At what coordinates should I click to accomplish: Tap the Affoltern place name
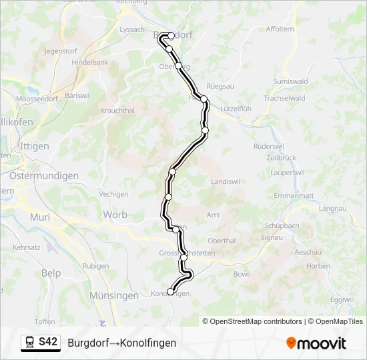(280, 29)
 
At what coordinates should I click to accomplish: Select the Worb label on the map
(115, 215)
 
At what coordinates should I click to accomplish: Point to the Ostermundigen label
(44, 176)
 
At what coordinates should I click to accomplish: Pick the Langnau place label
(352, 209)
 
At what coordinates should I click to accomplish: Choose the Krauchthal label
(117, 111)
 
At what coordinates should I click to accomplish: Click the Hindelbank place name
(89, 61)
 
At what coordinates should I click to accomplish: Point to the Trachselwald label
(284, 98)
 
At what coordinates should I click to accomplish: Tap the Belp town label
(51, 273)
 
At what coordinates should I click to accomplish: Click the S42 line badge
(48, 343)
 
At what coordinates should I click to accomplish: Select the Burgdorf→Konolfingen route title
(121, 343)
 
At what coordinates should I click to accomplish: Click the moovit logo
(316, 343)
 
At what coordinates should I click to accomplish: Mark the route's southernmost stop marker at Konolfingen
(170, 291)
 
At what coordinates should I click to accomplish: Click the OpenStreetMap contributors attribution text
(252, 321)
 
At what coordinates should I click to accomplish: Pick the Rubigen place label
(96, 265)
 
